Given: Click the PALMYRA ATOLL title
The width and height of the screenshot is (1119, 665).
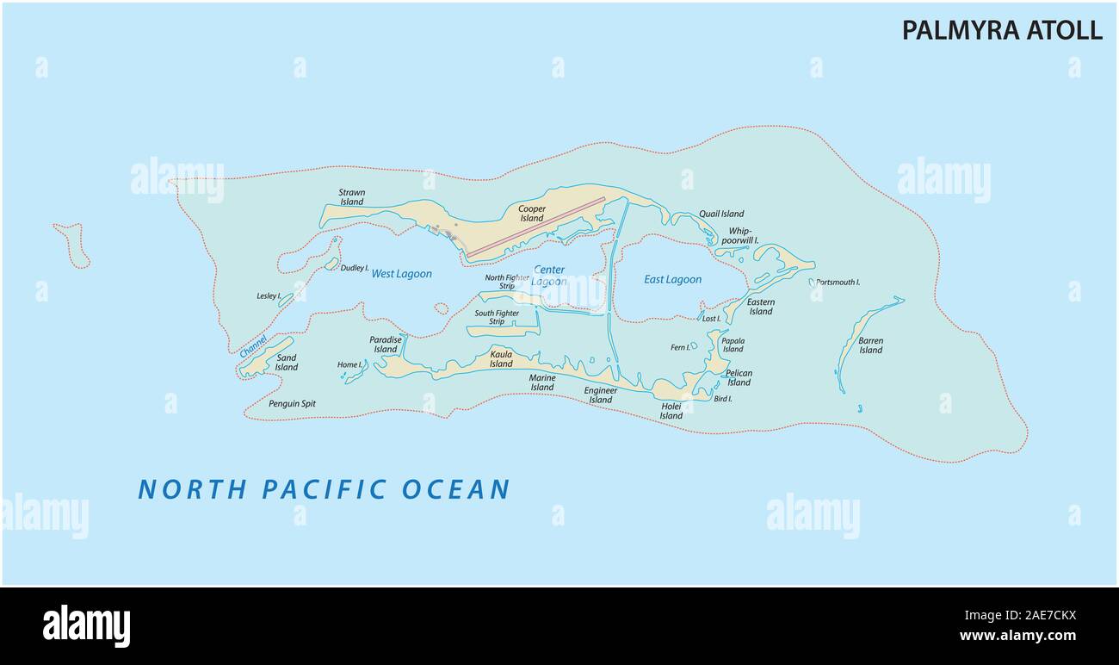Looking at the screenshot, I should click(1001, 30).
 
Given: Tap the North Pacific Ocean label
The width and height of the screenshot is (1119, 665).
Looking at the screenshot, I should click(325, 489).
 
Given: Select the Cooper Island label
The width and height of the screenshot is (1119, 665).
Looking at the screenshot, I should click(531, 214).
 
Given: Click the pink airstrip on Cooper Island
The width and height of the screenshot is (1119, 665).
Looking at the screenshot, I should click(535, 227).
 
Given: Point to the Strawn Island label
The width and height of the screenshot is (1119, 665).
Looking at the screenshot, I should click(351, 197).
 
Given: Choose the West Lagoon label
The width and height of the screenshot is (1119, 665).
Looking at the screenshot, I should click(401, 274).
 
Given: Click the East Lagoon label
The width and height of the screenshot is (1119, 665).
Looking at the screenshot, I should click(672, 279).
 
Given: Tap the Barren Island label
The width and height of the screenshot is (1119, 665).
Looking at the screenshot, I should click(870, 345).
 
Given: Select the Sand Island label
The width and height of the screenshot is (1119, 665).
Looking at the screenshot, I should click(287, 363).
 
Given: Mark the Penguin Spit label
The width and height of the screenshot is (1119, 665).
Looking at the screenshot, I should click(292, 403).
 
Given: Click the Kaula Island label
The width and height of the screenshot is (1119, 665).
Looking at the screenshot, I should click(501, 358).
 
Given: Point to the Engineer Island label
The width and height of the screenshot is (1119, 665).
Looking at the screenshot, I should click(600, 395).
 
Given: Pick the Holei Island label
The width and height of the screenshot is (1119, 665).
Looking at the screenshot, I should click(671, 411).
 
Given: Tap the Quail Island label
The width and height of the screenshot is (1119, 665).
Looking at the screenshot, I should click(721, 214).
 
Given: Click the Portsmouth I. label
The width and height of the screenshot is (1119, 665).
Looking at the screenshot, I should click(838, 283).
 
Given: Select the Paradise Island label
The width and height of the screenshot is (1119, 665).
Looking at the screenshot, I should click(386, 345).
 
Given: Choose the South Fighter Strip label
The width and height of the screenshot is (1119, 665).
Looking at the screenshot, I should click(497, 318).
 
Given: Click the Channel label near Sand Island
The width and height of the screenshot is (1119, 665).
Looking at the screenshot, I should click(253, 346).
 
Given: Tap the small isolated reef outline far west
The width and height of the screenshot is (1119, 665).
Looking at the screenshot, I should click(73, 245).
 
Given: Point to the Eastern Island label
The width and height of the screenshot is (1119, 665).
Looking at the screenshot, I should click(760, 307).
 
